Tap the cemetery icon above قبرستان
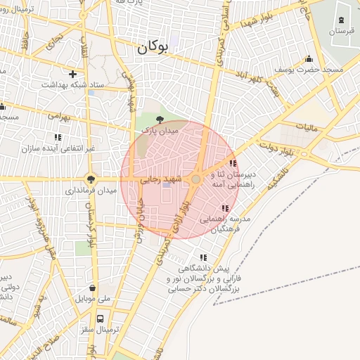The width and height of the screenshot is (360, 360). click(342, 20)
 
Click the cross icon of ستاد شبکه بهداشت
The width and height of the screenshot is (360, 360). click(72, 73)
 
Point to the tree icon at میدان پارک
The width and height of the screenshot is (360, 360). click(160, 120)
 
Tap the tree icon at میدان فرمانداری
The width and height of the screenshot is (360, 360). click(90, 179)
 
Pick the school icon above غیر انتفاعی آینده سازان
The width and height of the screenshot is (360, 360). click(58, 137)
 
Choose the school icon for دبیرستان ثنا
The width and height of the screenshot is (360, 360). click(233, 163)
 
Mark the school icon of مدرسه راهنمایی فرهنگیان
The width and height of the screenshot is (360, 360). click(225, 209)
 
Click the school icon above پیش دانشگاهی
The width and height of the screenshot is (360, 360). click(203, 258)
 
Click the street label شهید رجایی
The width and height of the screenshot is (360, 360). click(162, 180)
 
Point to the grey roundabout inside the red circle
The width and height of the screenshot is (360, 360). click(195, 181)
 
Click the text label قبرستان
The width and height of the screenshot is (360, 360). click(341, 32)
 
